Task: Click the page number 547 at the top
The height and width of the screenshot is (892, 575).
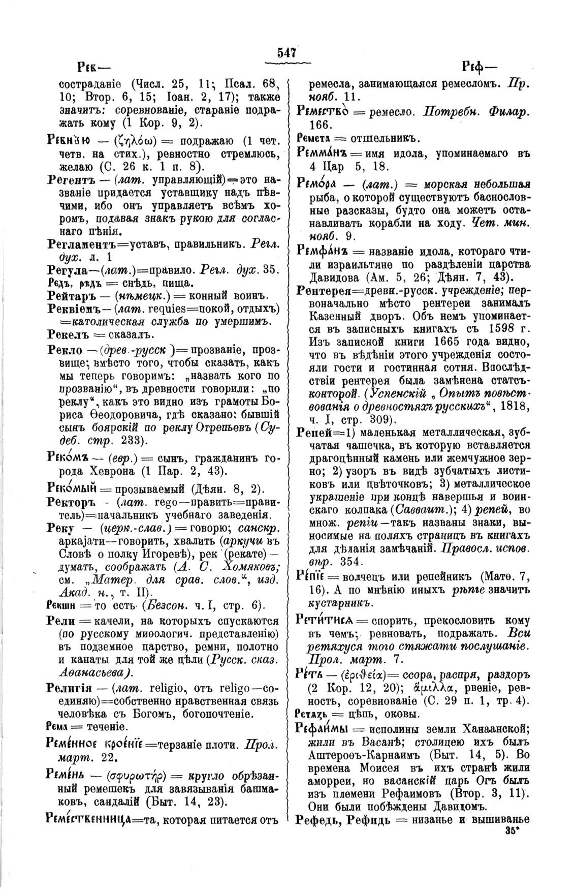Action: pyautogui.click(x=287, y=52)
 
